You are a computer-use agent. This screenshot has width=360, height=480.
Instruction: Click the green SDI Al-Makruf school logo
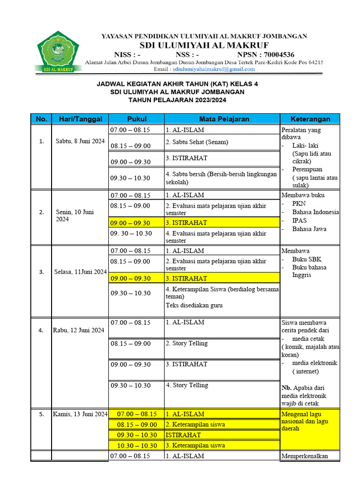tap(59, 52)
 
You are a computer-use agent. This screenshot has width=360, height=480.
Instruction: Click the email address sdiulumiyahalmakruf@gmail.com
tap(214, 69)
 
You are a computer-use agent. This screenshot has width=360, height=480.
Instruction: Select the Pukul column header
tap(136, 119)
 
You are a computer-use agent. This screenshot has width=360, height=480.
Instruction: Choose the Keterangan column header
tap(310, 119)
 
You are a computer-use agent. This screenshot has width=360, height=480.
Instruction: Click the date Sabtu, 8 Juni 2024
tap(80, 141)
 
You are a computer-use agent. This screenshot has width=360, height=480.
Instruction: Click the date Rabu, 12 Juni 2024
tap(79, 330)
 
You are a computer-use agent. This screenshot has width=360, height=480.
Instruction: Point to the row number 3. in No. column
tap(41, 271)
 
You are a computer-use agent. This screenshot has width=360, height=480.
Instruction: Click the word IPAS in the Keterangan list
tap(300, 220)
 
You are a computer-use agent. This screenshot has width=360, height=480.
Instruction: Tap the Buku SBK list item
tap(307, 259)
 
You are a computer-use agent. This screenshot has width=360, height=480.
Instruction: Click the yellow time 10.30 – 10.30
tap(137, 445)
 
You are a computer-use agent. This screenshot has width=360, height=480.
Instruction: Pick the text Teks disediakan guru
tap(194, 305)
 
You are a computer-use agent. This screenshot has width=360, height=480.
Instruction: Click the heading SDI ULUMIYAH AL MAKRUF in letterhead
tap(204, 45)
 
